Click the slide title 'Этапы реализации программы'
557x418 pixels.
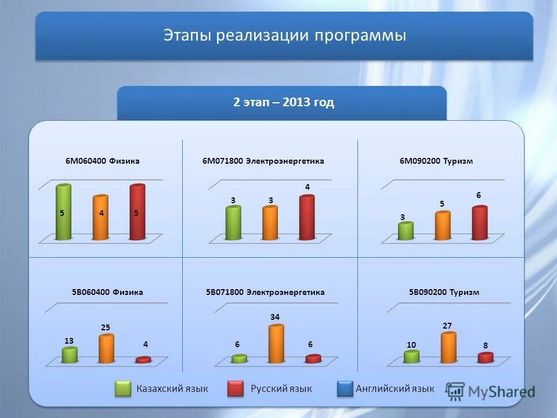pos(284,36)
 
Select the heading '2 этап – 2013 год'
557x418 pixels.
pos(283,103)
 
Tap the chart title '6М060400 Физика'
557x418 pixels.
pos(102,161)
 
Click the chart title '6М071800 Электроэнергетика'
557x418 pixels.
pos(263,161)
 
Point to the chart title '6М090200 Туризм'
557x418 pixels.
pos(436,161)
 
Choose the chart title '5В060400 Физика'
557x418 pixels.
pos(107,292)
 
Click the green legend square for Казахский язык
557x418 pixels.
pos(123,388)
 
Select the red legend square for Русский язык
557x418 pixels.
pos(236,388)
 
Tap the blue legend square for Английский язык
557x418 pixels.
pos(345,388)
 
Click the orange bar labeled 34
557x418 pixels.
pos(276,344)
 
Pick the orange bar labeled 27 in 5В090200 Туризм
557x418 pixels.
pos(449,348)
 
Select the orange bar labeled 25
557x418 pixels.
pos(106,349)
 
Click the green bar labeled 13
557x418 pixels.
pos(70,355)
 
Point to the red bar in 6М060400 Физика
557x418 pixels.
pos(138,212)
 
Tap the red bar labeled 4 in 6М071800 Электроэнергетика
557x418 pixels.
pos(306,218)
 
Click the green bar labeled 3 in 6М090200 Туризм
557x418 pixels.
pos(406,231)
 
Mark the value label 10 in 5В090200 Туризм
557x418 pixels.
pos(411,345)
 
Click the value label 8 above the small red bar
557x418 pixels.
pos(485,345)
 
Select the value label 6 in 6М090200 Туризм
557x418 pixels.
pos(479,196)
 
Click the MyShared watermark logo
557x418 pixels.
pos(491,391)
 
